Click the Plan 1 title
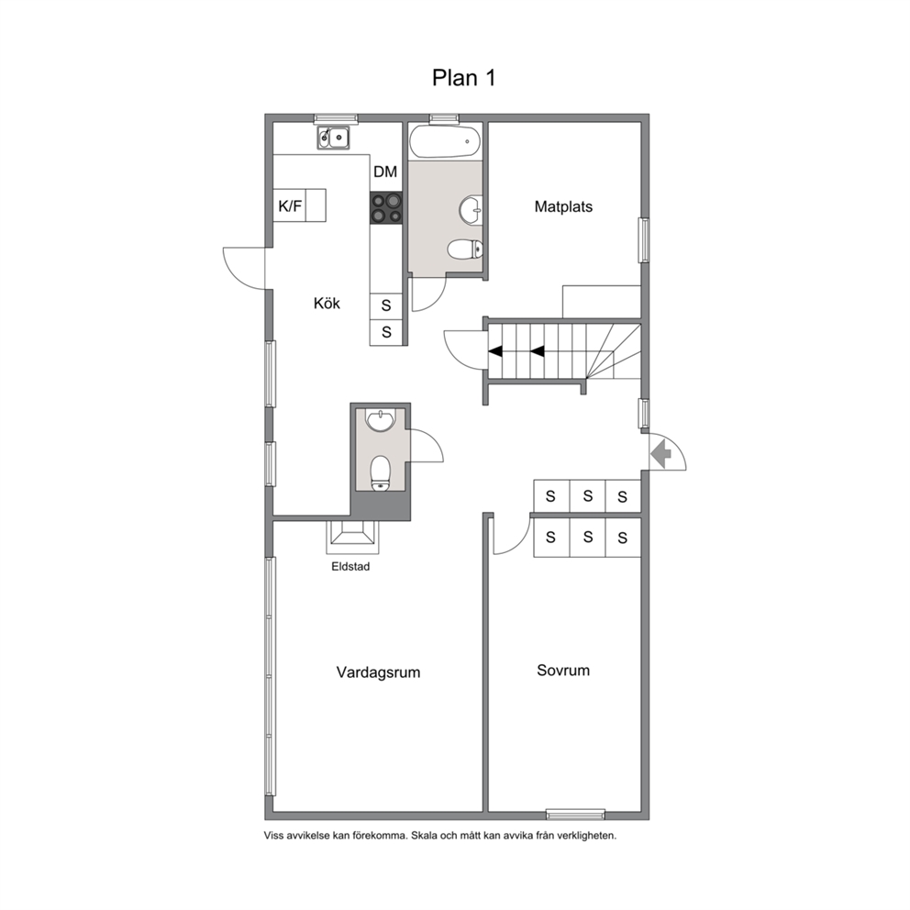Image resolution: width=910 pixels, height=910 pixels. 463,78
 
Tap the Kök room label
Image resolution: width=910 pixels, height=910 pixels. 327,303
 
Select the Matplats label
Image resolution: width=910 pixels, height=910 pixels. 563,206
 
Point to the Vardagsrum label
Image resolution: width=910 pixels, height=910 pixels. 378,672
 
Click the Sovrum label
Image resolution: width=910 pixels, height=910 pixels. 563,671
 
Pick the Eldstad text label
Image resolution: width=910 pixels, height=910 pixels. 350,566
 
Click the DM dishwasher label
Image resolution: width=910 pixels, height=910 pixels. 385,172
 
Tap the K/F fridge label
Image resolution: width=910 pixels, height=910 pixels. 290,206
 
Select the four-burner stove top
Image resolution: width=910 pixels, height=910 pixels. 386,208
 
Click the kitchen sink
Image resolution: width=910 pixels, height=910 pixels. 333,138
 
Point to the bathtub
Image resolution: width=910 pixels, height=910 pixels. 445,141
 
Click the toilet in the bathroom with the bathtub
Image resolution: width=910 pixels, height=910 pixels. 465,250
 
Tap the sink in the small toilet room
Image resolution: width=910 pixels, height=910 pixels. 381,420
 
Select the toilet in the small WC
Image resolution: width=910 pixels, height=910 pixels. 381,473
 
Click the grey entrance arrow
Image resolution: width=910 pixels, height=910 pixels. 660,453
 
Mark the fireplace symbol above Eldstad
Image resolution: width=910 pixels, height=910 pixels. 352,537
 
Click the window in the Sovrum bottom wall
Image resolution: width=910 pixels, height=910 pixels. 576,815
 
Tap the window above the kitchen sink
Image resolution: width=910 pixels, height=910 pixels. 336,119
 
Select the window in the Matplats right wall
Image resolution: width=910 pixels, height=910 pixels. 644,240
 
